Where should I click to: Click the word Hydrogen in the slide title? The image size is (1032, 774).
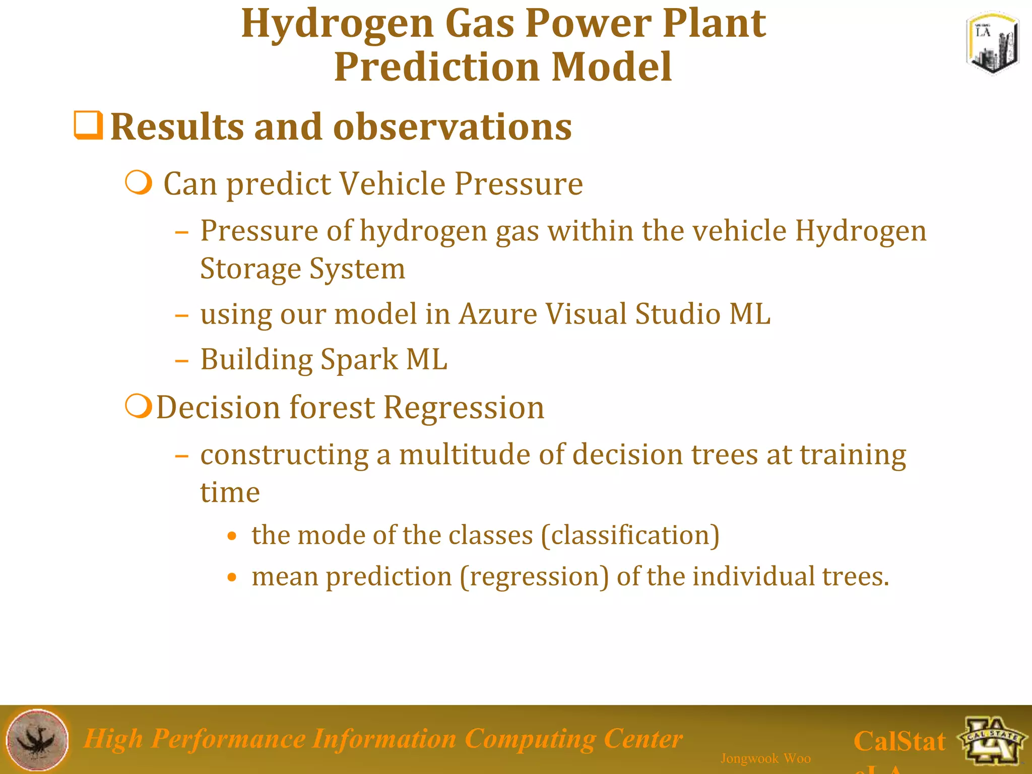[x=337, y=24]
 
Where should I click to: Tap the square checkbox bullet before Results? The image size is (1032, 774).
[x=89, y=125]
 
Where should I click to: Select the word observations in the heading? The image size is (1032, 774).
[x=452, y=127]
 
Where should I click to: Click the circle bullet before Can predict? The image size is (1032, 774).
[x=139, y=183]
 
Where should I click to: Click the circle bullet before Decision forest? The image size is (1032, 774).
[x=139, y=406]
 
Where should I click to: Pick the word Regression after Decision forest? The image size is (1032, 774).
[x=464, y=407]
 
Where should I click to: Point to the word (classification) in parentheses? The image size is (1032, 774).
[x=630, y=535]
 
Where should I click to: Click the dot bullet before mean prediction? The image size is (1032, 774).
[x=232, y=577]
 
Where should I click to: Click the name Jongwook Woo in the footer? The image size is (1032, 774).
[x=765, y=758]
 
